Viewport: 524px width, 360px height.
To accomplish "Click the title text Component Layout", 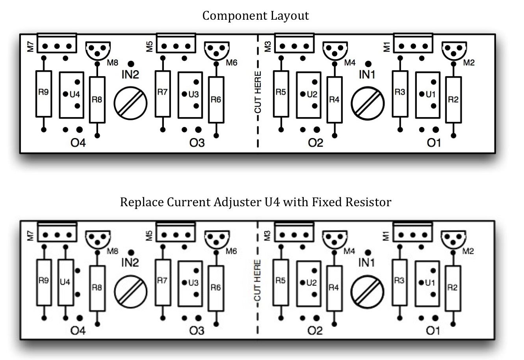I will [x=255, y=16].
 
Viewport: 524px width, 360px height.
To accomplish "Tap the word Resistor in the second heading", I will [x=369, y=202].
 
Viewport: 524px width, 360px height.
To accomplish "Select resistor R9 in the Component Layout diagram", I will [x=44, y=94].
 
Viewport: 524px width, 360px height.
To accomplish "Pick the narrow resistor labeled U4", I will [x=65, y=282].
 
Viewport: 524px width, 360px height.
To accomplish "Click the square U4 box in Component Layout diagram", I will [x=71, y=95].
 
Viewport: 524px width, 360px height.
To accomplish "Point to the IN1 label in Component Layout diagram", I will [x=367, y=74].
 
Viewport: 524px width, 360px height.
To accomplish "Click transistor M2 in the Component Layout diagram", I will [x=452, y=50].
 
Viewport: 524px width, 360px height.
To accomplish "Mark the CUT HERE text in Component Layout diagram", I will [x=258, y=92].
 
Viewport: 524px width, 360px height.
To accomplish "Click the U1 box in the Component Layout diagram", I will [x=427, y=95].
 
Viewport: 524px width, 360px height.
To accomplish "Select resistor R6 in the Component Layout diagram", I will [x=216, y=99].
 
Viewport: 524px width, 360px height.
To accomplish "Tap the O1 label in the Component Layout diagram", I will [x=434, y=142].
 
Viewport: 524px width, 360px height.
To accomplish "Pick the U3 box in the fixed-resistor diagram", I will [x=190, y=283].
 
